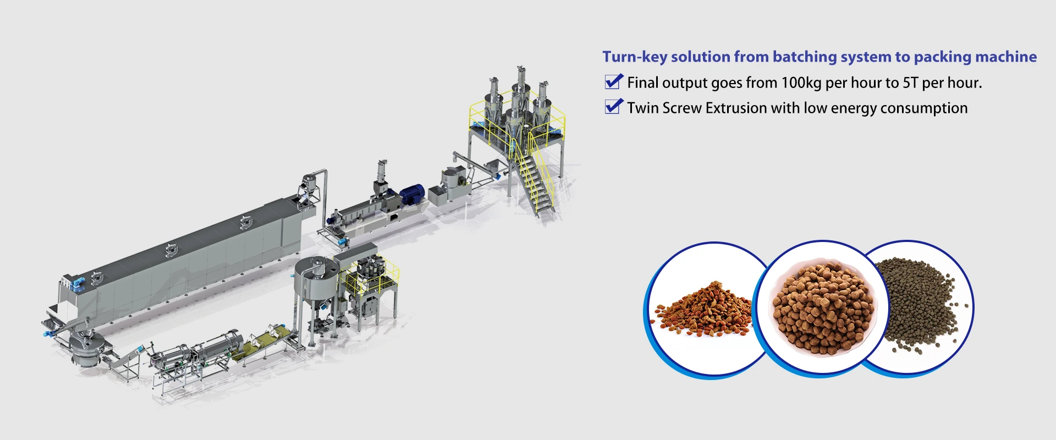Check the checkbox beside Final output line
tap(613, 82)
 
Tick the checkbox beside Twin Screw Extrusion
tap(613, 107)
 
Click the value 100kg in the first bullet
tap(801, 83)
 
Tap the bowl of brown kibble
tap(823, 308)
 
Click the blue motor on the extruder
tap(411, 195)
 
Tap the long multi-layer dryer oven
tap(182, 264)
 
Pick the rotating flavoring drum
tap(217, 344)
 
